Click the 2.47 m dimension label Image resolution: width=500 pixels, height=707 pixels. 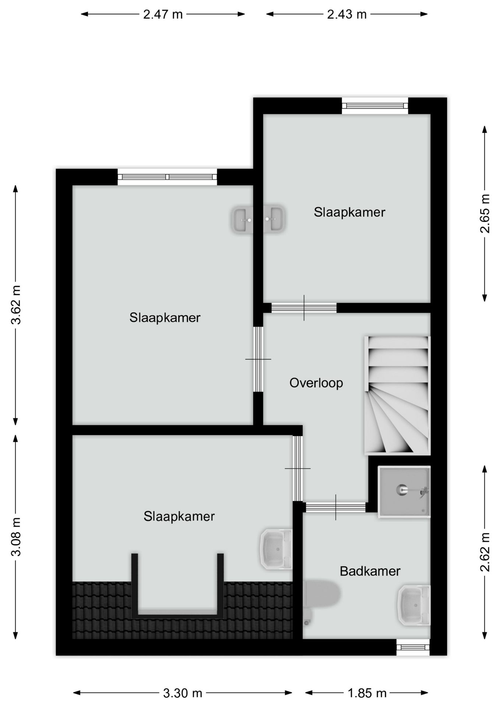(x=163, y=14)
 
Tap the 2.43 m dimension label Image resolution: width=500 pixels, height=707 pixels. (x=347, y=14)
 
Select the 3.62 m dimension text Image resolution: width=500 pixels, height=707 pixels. (x=16, y=305)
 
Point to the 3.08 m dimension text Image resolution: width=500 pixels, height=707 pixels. (x=16, y=537)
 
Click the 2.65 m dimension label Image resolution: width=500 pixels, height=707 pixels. (x=485, y=214)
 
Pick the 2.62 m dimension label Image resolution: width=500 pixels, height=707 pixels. (x=485, y=552)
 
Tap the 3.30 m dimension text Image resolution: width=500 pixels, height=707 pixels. (x=183, y=693)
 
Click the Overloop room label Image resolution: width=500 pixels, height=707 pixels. (x=316, y=383)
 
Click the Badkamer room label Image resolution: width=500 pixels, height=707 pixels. (x=370, y=571)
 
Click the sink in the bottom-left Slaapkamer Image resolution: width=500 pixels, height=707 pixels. (x=277, y=549)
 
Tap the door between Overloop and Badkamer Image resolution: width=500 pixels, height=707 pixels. (x=335, y=507)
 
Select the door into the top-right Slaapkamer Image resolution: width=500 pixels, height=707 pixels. (x=304, y=307)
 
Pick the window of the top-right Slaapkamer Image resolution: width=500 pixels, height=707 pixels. (x=375, y=106)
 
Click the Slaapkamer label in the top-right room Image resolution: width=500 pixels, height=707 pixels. (x=349, y=212)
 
